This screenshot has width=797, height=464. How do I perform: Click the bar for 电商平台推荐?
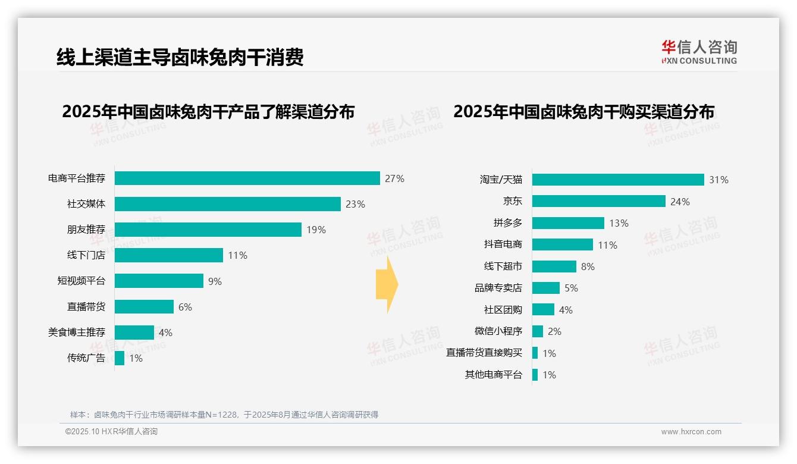pyautogui.click(x=247, y=178)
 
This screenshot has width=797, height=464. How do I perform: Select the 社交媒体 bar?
pyautogui.click(x=227, y=204)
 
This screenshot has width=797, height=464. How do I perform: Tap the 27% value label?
pyautogui.click(x=394, y=178)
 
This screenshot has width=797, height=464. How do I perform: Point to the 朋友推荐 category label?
pyautogui.click(x=86, y=230)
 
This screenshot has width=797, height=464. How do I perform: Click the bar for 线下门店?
pyautogui.click(x=168, y=255)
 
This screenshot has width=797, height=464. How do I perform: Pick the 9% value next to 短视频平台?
pyautogui.click(x=215, y=281)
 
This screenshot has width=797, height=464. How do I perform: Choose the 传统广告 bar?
pyautogui.click(x=120, y=358)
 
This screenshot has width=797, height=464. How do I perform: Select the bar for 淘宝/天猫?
pyautogui.click(x=618, y=180)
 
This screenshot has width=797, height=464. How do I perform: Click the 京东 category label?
pyautogui.click(x=512, y=202)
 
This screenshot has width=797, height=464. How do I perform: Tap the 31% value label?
pyautogui.click(x=718, y=180)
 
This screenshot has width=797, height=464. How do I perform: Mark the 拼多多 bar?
pyautogui.click(x=568, y=223)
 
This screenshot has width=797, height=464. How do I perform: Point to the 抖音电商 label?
pyautogui.click(x=503, y=244)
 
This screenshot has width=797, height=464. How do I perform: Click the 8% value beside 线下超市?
pyautogui.click(x=588, y=267)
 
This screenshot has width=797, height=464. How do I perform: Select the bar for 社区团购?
pyautogui.click(x=543, y=310)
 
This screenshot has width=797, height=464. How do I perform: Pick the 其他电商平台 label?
pyautogui.click(x=493, y=375)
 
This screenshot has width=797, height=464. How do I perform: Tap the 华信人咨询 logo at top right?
pyautogui.click(x=699, y=52)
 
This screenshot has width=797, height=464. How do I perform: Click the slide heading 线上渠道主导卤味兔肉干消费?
pyautogui.click(x=180, y=58)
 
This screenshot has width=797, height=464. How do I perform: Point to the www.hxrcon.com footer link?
pyautogui.click(x=691, y=432)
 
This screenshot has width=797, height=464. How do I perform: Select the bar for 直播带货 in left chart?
pyautogui.click(x=144, y=307)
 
